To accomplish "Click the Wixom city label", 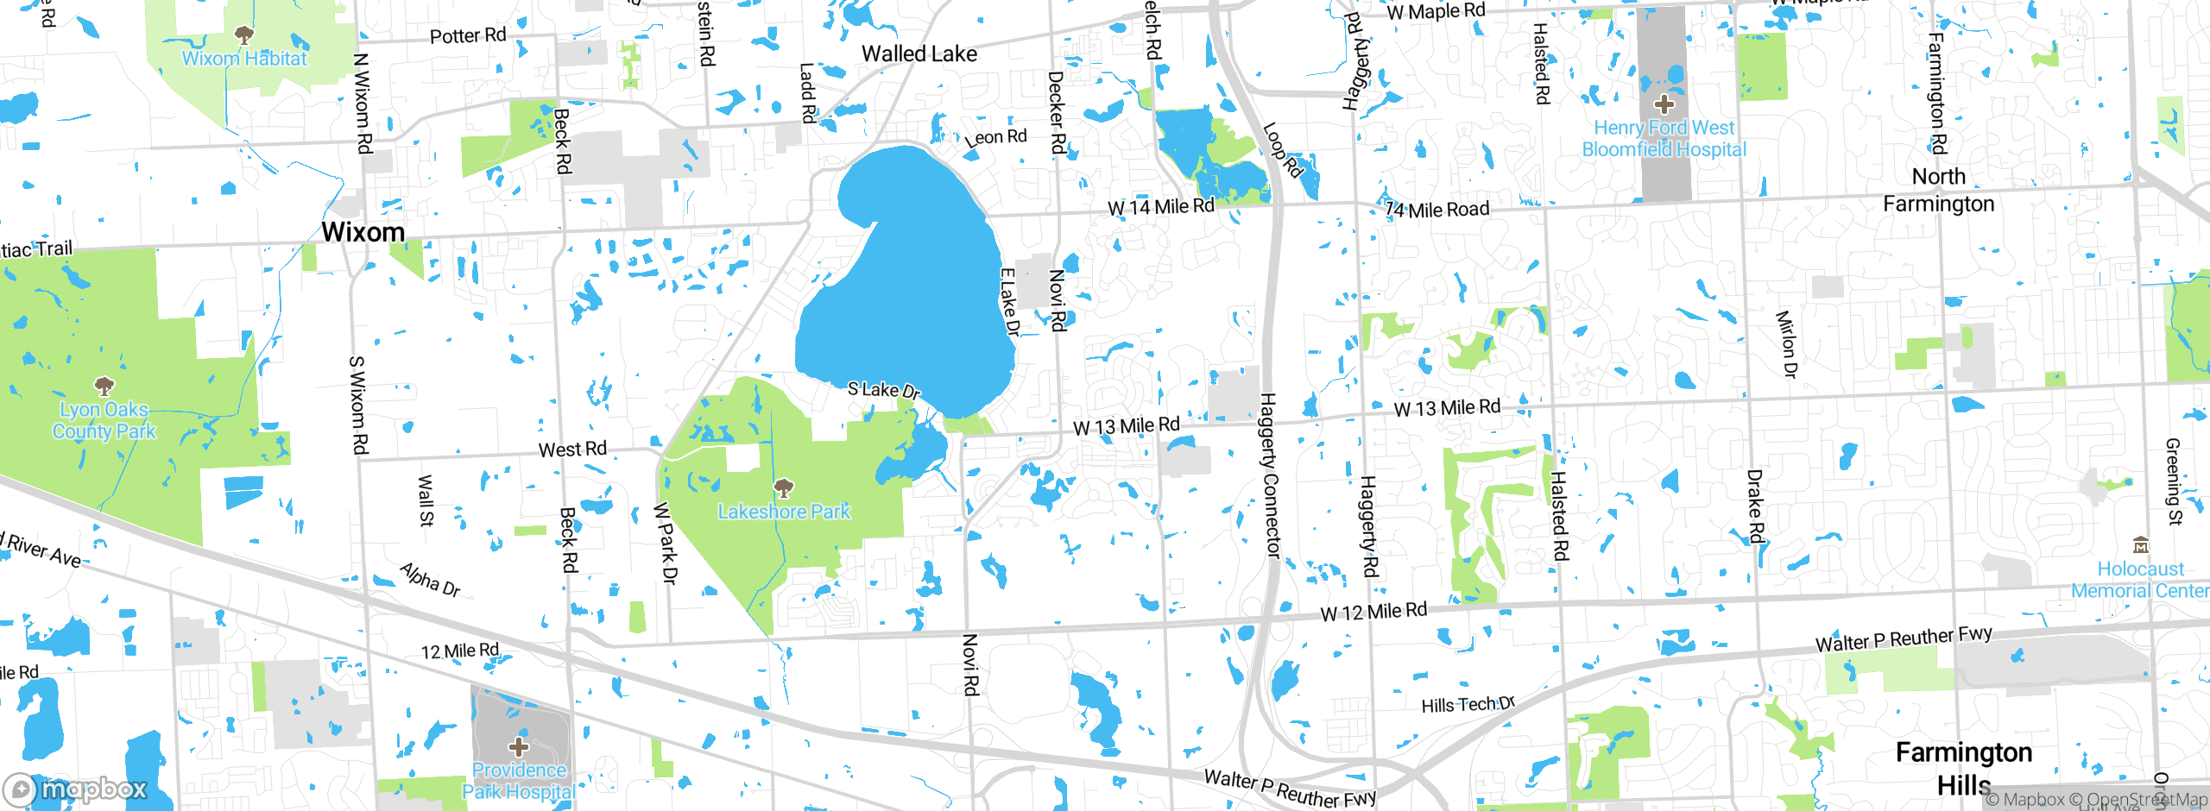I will point(363,232).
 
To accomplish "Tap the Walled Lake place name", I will point(919,54).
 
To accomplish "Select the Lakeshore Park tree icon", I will point(784,489).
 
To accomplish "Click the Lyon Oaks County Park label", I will point(104,420).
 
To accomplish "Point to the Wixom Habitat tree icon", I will point(244,35).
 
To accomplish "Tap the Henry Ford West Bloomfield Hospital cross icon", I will point(1664,105).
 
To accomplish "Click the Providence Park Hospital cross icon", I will point(519,746).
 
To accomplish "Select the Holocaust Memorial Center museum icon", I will point(2140,545).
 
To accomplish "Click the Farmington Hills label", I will point(1964,768).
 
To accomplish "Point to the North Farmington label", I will point(1939,190).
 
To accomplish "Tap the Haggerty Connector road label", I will point(1270,475).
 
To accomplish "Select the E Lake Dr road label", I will point(1009,302).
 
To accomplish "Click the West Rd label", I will point(572,450).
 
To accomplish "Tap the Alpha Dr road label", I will point(430,579).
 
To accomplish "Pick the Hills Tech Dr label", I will point(1468,705).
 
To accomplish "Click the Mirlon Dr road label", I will point(1785,344).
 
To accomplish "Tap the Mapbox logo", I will point(76,789).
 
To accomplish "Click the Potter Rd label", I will point(468,35).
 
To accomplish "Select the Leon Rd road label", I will point(996,137).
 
